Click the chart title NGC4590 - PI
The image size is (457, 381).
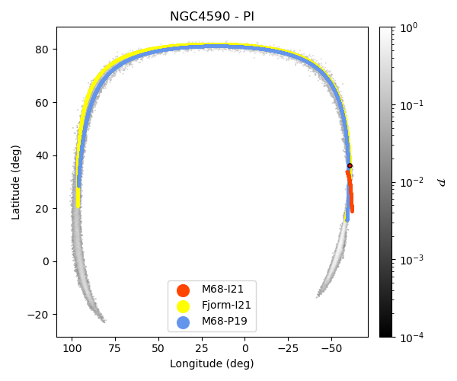coord(212,16)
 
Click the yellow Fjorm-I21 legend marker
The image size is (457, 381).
coord(183,306)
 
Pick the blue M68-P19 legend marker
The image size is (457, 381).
coord(183,322)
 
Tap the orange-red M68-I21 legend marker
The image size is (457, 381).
coord(183,290)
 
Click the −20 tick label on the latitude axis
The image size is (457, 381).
coord(40,315)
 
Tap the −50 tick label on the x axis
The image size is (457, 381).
coord(331,348)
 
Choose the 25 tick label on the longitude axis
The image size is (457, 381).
coord(202,348)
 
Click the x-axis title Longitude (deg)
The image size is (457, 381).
coord(212,363)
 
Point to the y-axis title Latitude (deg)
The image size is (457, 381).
coord(16,182)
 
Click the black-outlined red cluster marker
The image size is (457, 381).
coord(350,165)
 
